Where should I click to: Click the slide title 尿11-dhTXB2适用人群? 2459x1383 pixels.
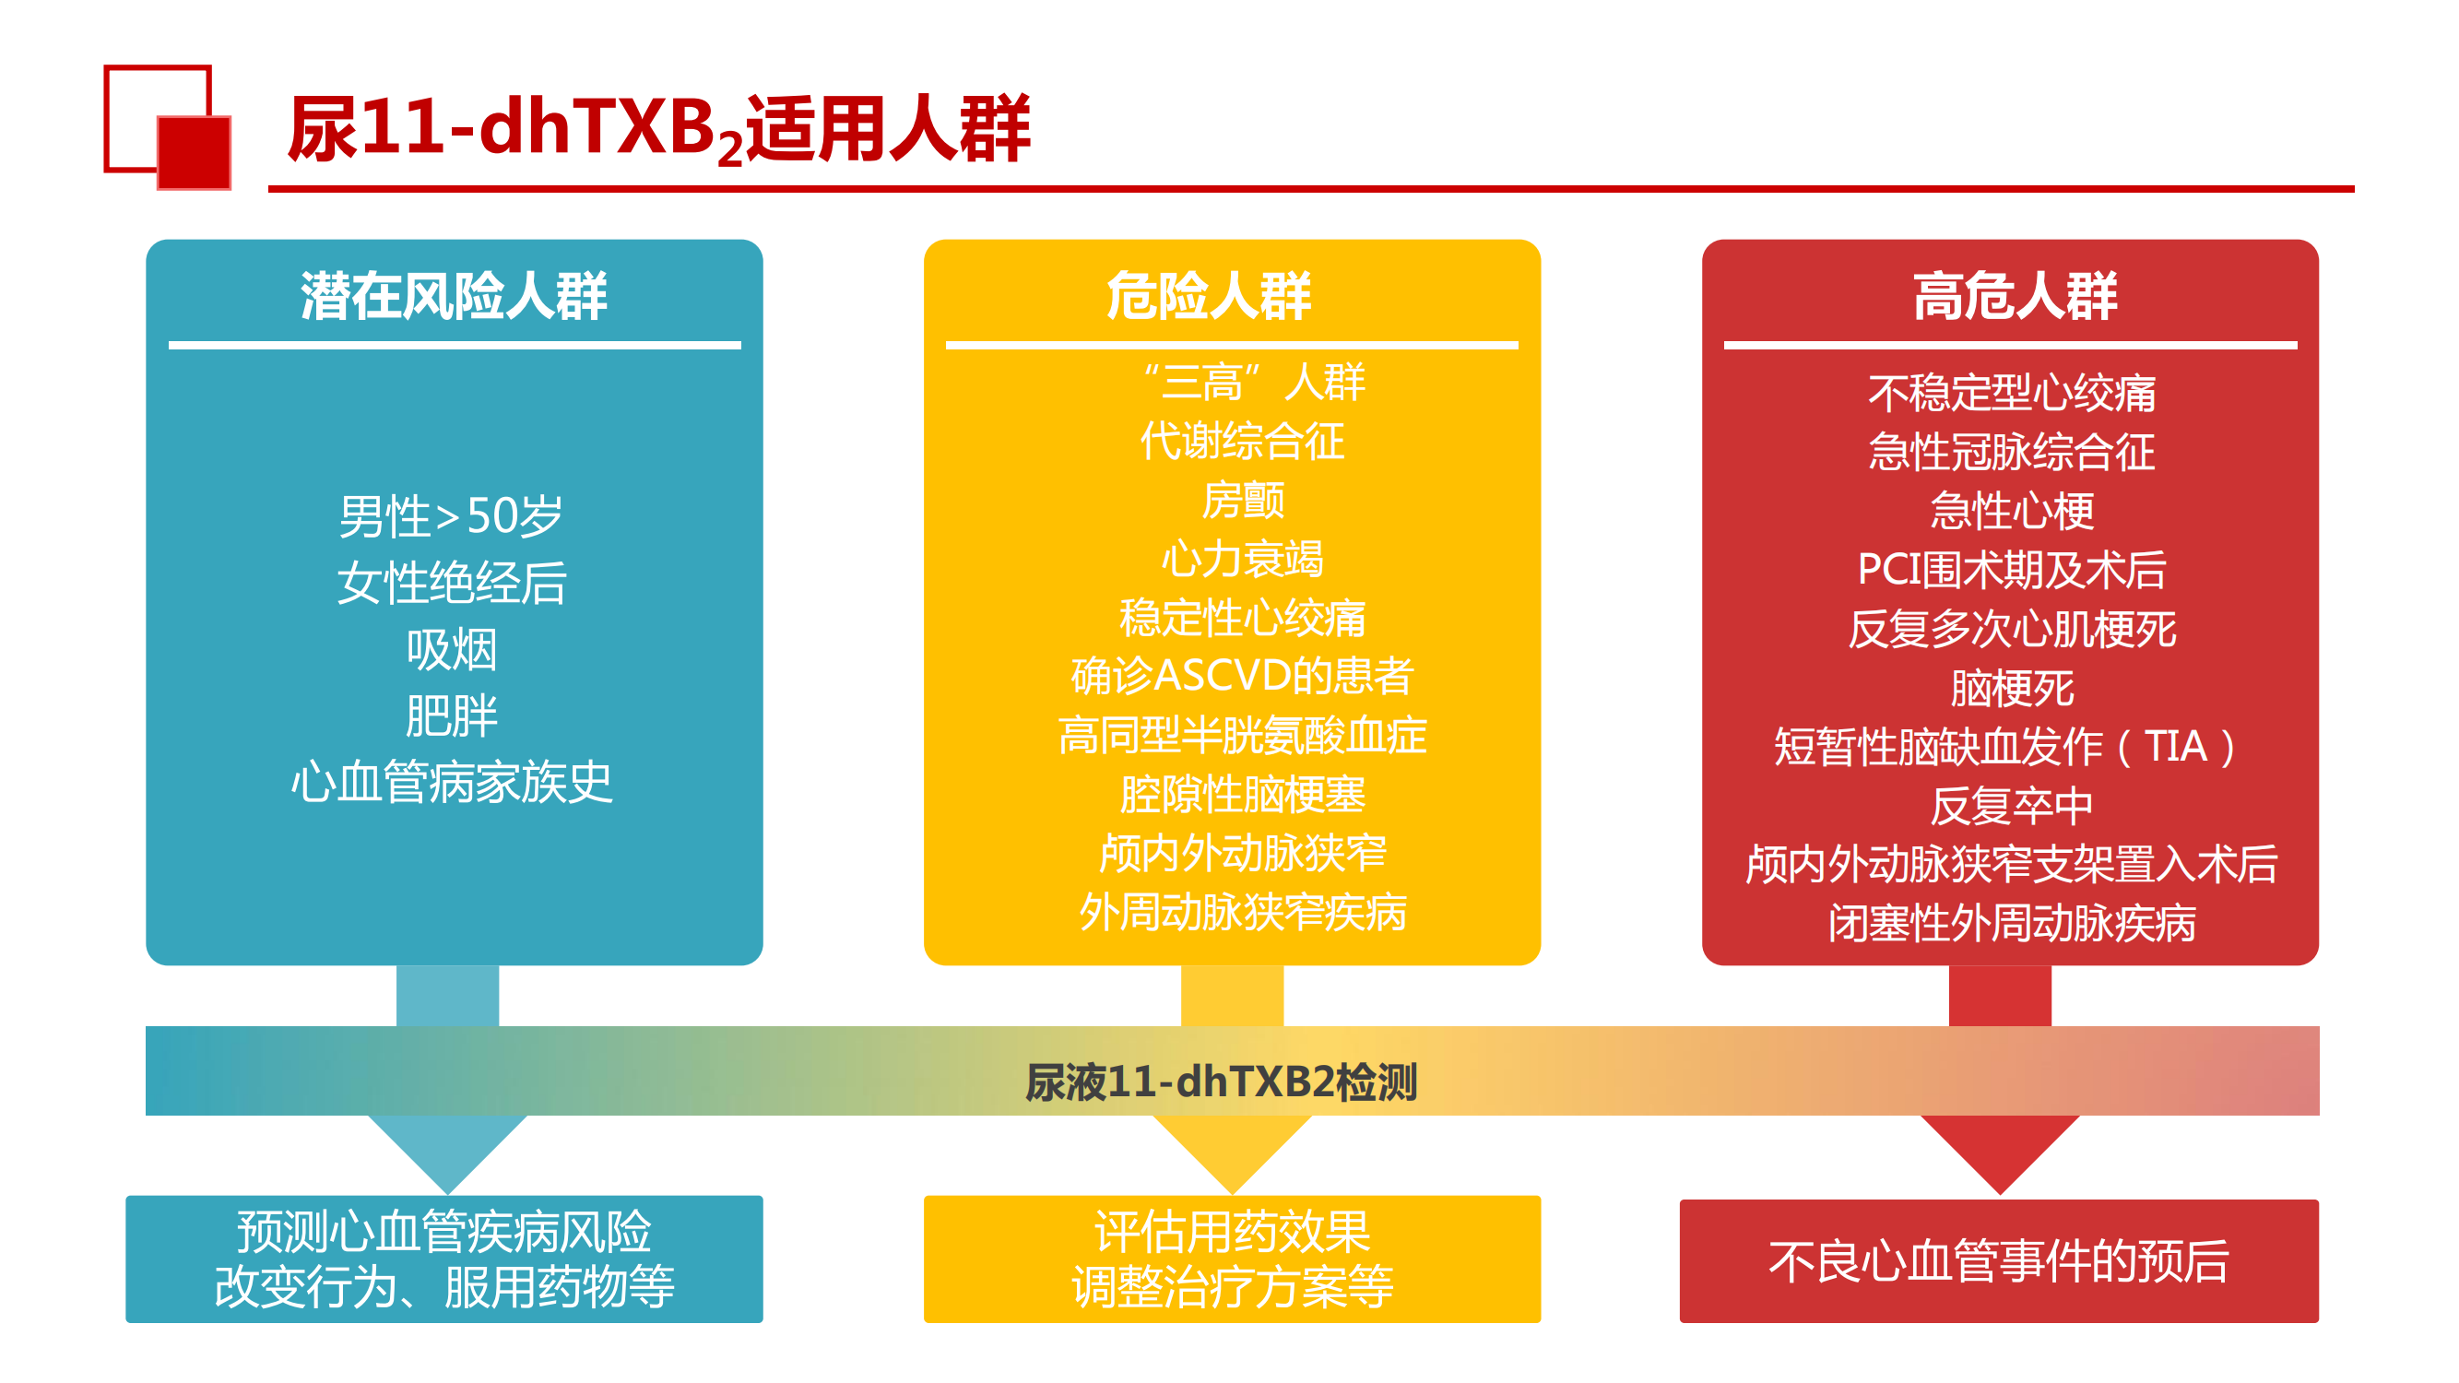(658, 130)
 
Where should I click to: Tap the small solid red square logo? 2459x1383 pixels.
(194, 153)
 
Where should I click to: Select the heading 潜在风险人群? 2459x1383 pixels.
(454, 296)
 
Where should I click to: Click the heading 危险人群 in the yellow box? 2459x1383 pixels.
(1209, 296)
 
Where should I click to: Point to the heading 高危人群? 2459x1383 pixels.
(2015, 296)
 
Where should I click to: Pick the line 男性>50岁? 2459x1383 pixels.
(452, 516)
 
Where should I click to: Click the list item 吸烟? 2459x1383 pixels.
(452, 650)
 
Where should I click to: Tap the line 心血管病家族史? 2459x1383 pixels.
(452, 783)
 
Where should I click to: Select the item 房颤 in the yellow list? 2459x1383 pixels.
(1242, 500)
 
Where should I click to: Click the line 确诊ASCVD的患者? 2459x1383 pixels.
(1242, 676)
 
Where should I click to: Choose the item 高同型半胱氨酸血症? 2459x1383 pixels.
(1242, 735)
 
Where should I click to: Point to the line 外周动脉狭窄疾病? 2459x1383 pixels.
(1242, 912)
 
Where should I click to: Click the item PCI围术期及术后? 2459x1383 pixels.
(2011, 570)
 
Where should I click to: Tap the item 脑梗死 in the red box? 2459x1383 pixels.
(2011, 687)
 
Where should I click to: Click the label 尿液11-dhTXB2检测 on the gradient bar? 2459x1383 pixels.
(1221, 1082)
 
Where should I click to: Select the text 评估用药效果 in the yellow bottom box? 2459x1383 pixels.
(1233, 1232)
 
